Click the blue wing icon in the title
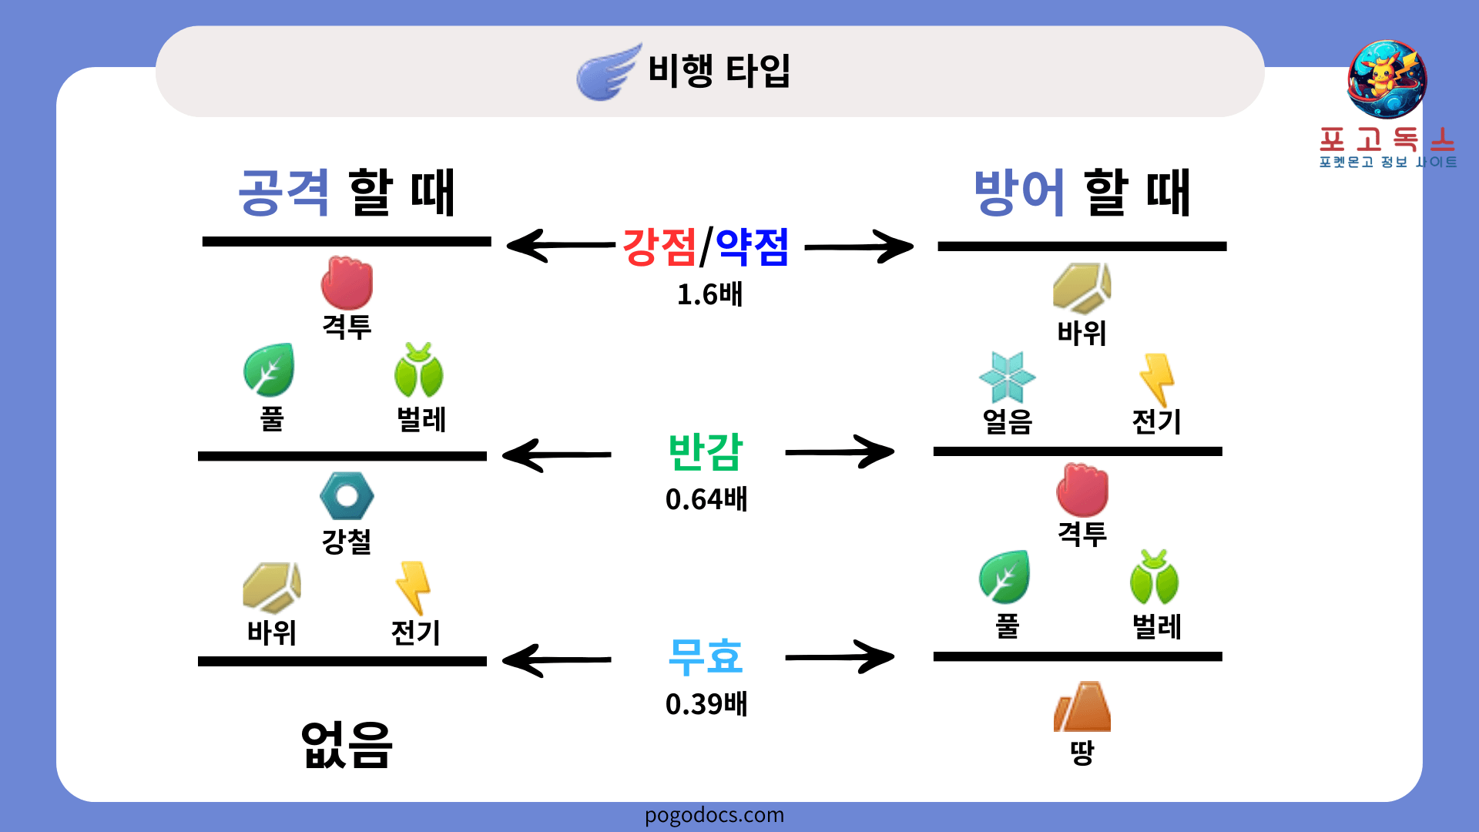tap(608, 72)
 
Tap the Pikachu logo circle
tap(1387, 79)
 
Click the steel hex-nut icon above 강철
tap(347, 496)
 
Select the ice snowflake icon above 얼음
tap(1007, 377)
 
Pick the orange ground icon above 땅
tap(1082, 706)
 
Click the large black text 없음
tap(347, 745)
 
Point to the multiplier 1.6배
tap(709, 294)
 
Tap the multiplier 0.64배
tap(706, 499)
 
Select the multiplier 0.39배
tap(706, 704)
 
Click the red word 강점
tap(659, 247)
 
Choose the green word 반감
tap(705, 452)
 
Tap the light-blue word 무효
tap(705, 657)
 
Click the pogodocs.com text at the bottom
tap(714, 815)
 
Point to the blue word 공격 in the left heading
tap(284, 193)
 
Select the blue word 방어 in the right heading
tap(1019, 193)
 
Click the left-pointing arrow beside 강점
tap(558, 246)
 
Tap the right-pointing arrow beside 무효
tap(840, 657)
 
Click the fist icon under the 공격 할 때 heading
tap(347, 283)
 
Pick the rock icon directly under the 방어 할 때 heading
tap(1082, 288)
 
